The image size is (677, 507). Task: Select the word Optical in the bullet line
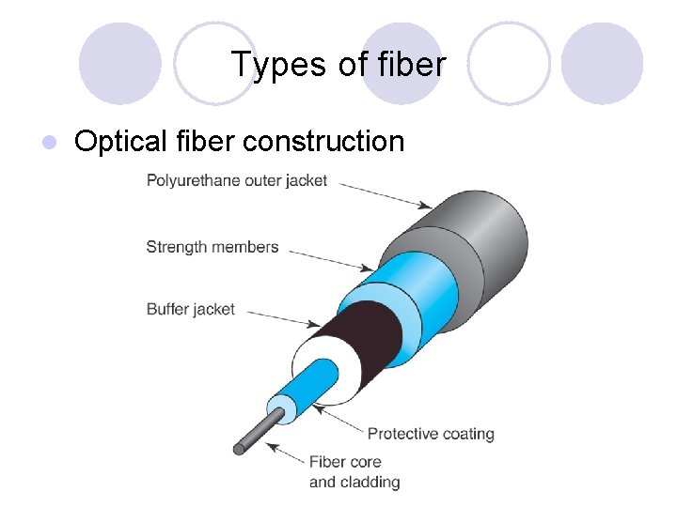(x=120, y=142)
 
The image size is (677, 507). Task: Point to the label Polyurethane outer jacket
(x=237, y=180)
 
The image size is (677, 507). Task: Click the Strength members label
(x=213, y=247)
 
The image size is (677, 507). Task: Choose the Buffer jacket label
(x=191, y=308)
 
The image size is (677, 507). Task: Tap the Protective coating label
(x=431, y=434)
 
